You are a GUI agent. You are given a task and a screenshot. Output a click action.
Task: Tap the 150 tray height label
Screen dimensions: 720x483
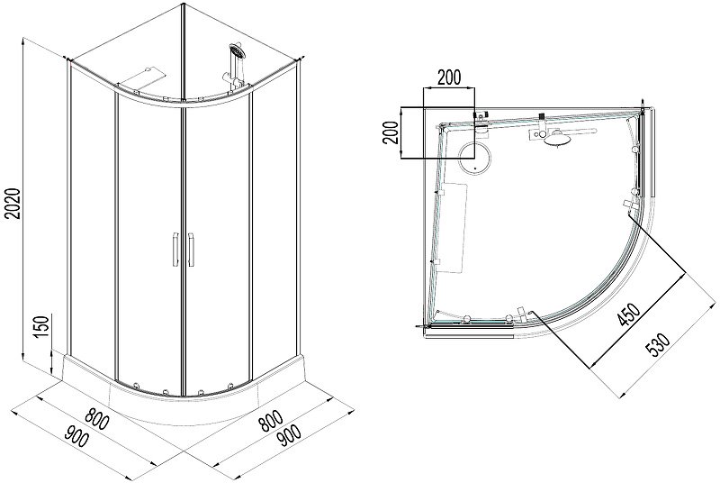41,328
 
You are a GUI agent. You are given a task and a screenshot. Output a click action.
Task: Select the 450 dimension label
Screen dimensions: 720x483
627,316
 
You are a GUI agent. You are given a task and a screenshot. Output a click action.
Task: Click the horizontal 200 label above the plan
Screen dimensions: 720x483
448,77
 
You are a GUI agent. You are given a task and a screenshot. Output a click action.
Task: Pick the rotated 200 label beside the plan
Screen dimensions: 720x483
391,132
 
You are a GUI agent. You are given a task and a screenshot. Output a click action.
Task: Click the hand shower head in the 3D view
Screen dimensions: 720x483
238,50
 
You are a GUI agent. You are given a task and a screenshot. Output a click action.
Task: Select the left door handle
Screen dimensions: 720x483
175,250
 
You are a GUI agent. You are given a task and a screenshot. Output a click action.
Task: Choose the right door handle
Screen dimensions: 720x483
191,250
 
